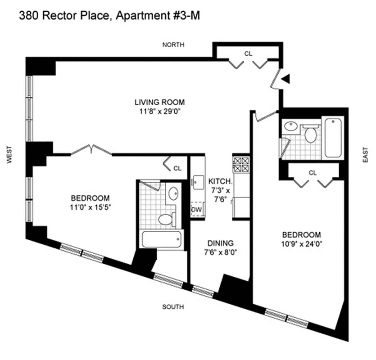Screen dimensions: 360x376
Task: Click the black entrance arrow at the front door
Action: [285, 80]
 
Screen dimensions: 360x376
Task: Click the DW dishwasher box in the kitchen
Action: [197, 210]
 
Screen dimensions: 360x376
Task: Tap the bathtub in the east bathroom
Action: [332, 137]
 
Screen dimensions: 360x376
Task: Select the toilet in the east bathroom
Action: [310, 134]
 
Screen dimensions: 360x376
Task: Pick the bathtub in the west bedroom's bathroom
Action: [162, 238]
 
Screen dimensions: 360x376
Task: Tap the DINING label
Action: [218, 243]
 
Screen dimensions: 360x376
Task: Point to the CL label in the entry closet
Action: [248, 53]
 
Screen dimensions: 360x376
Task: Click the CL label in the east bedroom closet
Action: [313, 172]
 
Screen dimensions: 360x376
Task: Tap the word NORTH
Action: [173, 45]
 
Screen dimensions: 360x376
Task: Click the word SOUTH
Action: [173, 307]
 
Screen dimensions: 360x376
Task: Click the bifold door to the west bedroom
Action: [92, 149]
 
